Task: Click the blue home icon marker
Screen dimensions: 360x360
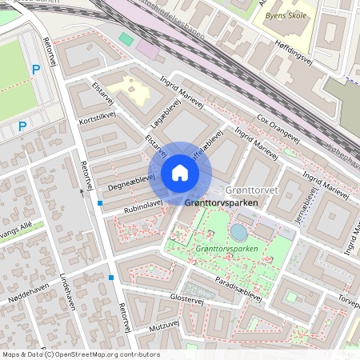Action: coord(180,174)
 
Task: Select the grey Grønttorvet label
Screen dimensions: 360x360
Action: coord(251,190)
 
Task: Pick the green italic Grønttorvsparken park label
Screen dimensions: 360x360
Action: coord(224,249)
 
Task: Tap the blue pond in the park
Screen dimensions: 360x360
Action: coord(238,232)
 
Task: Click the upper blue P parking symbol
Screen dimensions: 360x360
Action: coord(35,70)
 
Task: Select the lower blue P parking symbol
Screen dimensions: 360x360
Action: coord(22,126)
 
